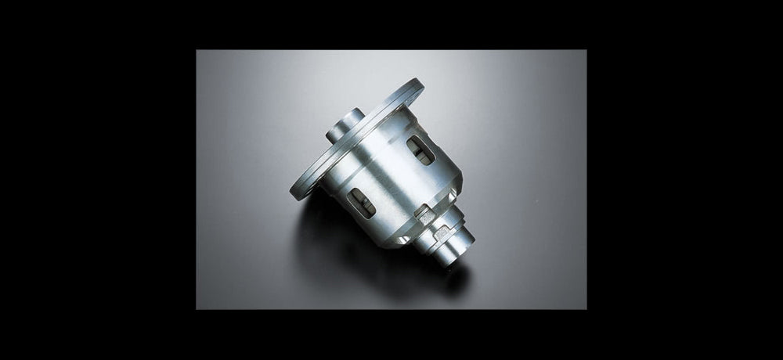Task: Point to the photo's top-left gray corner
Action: tap(202, 56)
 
